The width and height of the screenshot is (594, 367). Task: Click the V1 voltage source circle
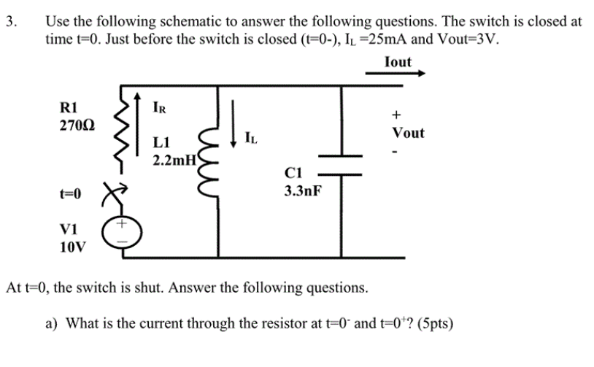tap(119, 233)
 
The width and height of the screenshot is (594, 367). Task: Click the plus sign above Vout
tap(397, 115)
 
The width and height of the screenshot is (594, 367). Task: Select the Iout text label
tap(398, 62)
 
